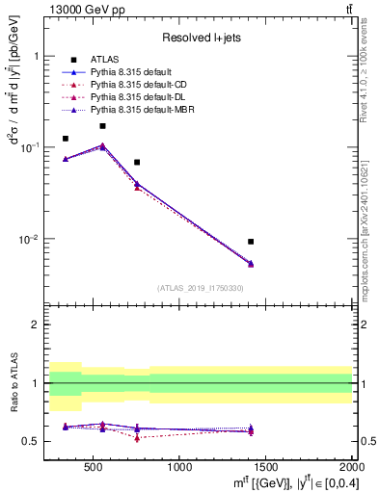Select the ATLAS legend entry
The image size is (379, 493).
pos(104,60)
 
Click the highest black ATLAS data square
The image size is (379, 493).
pos(102,126)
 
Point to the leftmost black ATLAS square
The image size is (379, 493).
pos(66,139)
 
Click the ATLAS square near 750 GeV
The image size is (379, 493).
pos(137,163)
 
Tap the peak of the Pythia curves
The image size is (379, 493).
pos(102,145)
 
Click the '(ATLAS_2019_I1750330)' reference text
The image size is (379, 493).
pos(200,288)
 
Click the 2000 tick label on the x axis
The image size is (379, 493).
pos(351,467)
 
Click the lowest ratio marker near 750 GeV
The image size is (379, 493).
pos(137,437)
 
